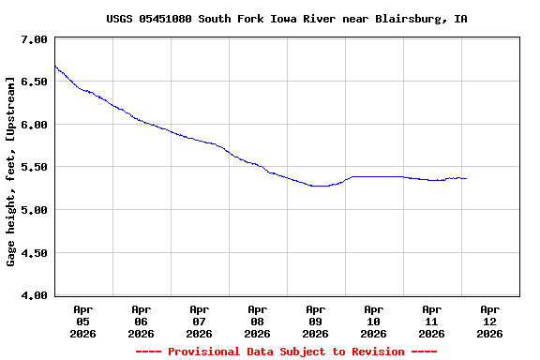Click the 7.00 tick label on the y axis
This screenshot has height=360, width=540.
pos(34,39)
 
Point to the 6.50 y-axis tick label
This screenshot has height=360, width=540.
pos(34,82)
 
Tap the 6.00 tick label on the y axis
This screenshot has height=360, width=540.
pos(34,125)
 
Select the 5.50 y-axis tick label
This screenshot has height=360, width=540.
pos(34,168)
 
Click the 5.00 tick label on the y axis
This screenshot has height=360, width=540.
pos(34,210)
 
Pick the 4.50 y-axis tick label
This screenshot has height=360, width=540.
pos(34,253)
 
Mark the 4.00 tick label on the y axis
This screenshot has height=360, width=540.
pos(34,295)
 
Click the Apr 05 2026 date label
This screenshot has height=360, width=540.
pos(82,321)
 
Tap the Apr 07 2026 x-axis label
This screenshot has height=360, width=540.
pos(199,321)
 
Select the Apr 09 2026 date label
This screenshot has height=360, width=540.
pos(315,321)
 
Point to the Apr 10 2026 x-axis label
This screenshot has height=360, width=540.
pos(373,321)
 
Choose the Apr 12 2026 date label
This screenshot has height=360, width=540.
pos(489,321)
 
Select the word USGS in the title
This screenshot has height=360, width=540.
pos(119,19)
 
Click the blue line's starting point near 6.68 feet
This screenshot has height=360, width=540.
pos(55,66)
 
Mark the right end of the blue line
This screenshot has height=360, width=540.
pos(466,178)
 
